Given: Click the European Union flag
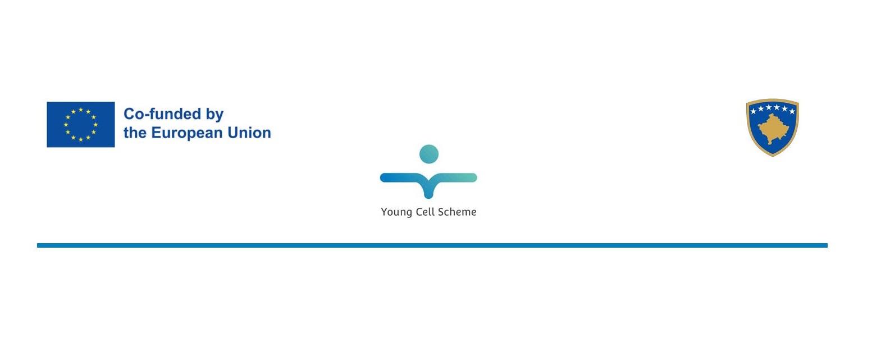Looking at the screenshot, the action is [81, 124].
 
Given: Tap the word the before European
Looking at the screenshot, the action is [135, 133].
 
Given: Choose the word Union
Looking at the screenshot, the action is [249, 133].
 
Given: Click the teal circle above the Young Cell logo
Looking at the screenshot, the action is [428, 154].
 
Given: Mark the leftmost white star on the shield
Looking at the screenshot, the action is [753, 112].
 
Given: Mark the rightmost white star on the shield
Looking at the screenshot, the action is [792, 112].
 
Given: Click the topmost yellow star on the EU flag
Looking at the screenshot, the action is [81, 110].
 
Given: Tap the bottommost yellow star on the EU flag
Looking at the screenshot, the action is [81, 139].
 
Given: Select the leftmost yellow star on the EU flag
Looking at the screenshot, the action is [66, 124].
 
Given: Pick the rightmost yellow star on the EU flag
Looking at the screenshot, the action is [95, 124].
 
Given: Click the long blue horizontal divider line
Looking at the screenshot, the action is [432, 245].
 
